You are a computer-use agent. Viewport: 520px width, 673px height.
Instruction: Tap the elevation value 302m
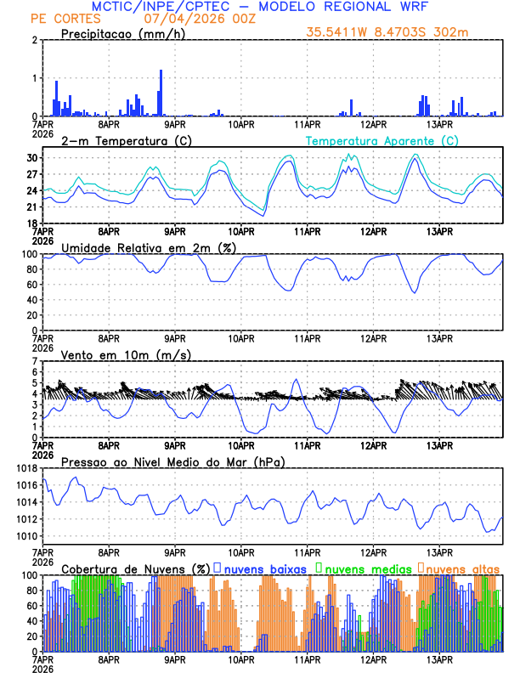[452, 33]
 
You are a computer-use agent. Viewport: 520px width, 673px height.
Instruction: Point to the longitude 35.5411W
[336, 33]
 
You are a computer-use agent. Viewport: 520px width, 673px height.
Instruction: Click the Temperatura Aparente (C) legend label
[382, 140]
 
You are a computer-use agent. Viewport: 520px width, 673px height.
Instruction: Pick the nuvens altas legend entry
[461, 568]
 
